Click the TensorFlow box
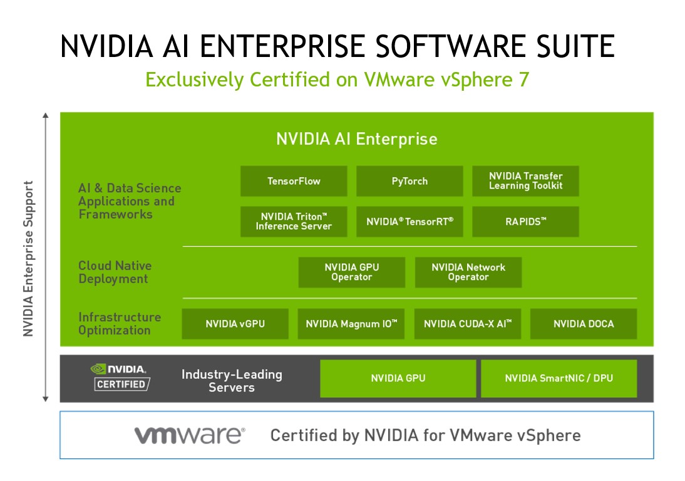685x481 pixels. click(x=294, y=181)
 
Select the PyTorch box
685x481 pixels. click(x=409, y=181)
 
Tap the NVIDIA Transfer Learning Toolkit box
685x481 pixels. click(x=525, y=181)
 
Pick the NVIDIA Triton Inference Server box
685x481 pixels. click(x=294, y=222)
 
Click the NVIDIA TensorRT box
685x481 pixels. click(x=409, y=222)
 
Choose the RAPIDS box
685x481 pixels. click(x=525, y=222)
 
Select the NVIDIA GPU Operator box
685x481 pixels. click(x=352, y=272)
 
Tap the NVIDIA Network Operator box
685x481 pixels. click(x=468, y=272)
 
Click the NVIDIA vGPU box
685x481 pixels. click(x=235, y=324)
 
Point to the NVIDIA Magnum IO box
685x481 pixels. click(x=351, y=324)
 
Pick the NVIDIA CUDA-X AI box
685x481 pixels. click(x=468, y=324)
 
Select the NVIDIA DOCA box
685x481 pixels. click(x=584, y=324)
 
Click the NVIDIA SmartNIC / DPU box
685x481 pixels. click(x=559, y=378)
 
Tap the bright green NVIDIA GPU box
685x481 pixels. click(x=398, y=378)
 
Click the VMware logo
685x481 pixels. click(x=190, y=435)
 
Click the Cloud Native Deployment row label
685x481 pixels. click(x=115, y=272)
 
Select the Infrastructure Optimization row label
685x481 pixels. click(x=120, y=324)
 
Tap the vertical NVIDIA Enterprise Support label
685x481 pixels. click(x=28, y=259)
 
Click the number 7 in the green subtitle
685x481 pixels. click(x=524, y=80)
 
